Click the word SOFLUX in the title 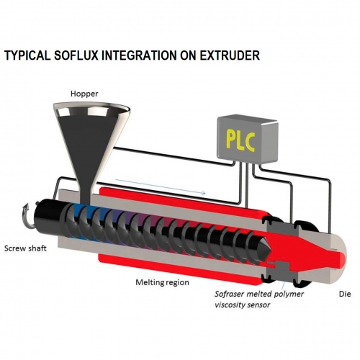tap(76, 55)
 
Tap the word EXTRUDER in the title tap(230, 55)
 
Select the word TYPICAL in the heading tap(27, 55)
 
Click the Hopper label tap(84, 94)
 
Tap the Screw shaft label tap(25, 248)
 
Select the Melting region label tap(162, 282)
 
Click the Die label tap(345, 294)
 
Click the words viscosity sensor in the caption tap(243, 305)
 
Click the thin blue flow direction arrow tap(161, 186)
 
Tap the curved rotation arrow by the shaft tap(29, 215)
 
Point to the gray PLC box tap(248, 139)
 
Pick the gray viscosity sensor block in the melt tap(283, 268)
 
